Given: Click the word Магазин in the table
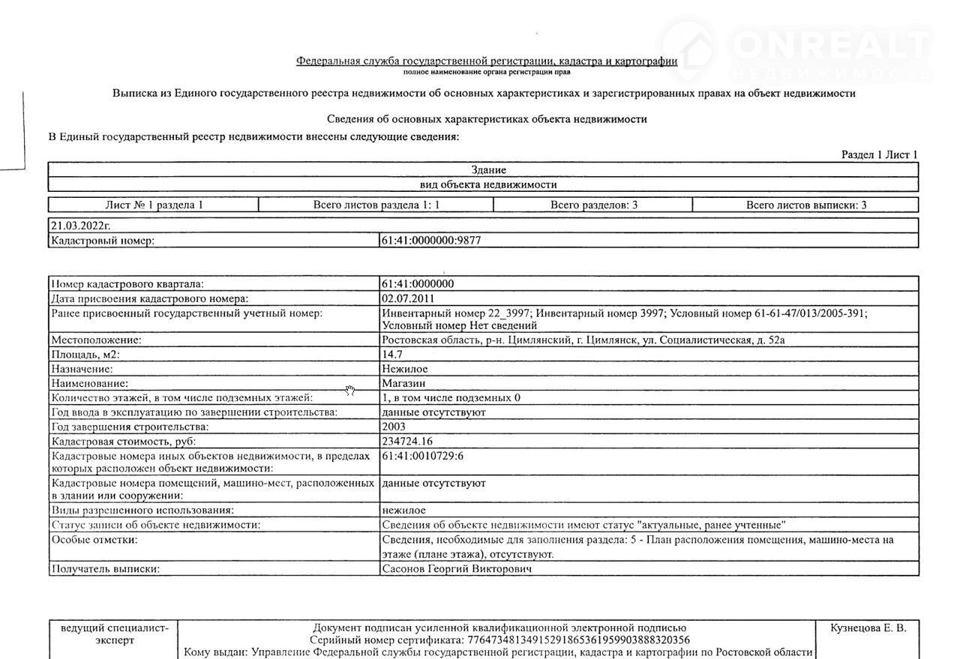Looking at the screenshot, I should coord(405,383).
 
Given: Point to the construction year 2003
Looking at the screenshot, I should coord(394,427).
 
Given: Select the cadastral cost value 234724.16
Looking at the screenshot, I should coord(407,441).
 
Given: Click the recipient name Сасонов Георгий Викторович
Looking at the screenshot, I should coord(457,569).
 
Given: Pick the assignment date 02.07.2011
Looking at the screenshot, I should coord(407,298).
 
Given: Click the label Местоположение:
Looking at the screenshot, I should coord(95,340).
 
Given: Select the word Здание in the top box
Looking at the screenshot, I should coord(488,170).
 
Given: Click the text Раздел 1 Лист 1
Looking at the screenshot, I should coord(879,154).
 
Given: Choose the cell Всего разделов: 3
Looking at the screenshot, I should coord(593,205).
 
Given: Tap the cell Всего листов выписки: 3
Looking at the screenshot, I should coord(805,205).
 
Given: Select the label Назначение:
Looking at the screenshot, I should coord(81,369).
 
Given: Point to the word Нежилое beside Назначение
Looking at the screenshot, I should coord(405,369).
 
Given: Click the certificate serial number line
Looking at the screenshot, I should coord(499,640).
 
